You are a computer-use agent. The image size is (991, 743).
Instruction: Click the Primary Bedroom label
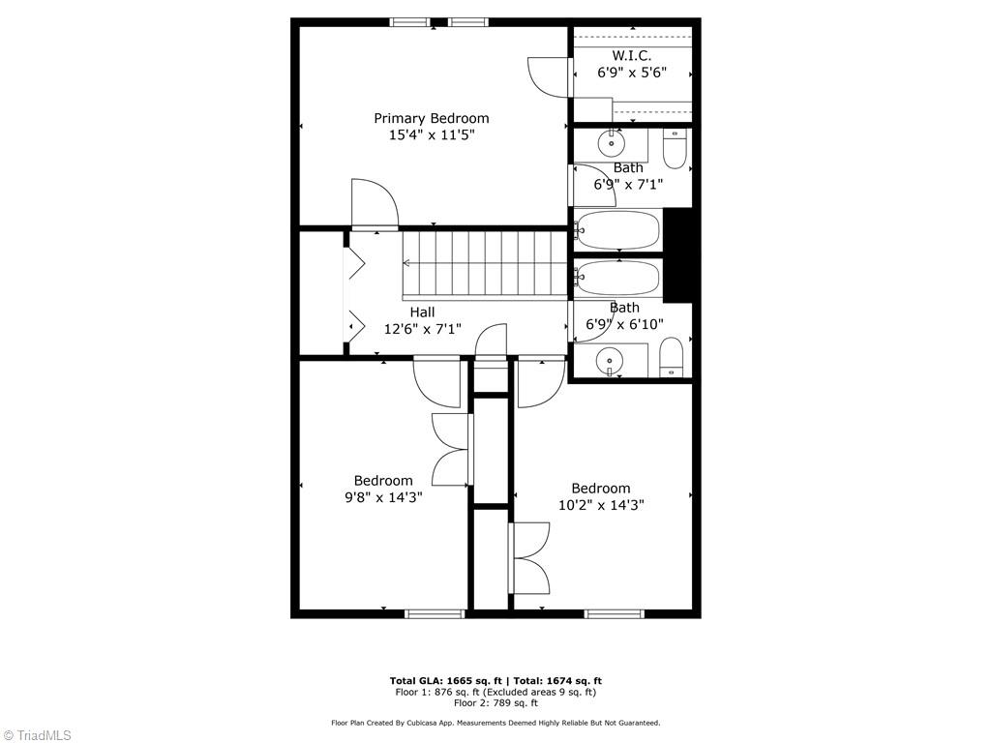432,118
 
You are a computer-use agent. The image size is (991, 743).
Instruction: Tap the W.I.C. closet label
631,55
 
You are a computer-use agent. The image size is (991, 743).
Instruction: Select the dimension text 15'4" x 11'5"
432,135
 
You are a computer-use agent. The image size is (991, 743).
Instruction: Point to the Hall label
422,312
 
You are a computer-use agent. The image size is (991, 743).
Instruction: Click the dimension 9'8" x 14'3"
383,497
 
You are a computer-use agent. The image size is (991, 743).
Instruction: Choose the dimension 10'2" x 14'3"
601,504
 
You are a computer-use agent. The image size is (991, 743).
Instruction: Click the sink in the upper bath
611,144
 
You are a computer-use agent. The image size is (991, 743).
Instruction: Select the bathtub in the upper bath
617,230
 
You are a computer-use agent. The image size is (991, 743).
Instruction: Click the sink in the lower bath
610,363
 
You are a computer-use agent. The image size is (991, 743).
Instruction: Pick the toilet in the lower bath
672,359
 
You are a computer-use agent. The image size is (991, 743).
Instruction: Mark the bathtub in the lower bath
617,278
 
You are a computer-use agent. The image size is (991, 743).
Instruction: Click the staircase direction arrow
407,262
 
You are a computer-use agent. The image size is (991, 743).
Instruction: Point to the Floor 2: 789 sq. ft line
495,703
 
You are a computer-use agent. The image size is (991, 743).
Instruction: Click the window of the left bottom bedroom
435,613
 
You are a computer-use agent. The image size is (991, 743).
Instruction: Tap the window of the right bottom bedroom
615,613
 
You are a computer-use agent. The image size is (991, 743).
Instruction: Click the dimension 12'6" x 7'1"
422,329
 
